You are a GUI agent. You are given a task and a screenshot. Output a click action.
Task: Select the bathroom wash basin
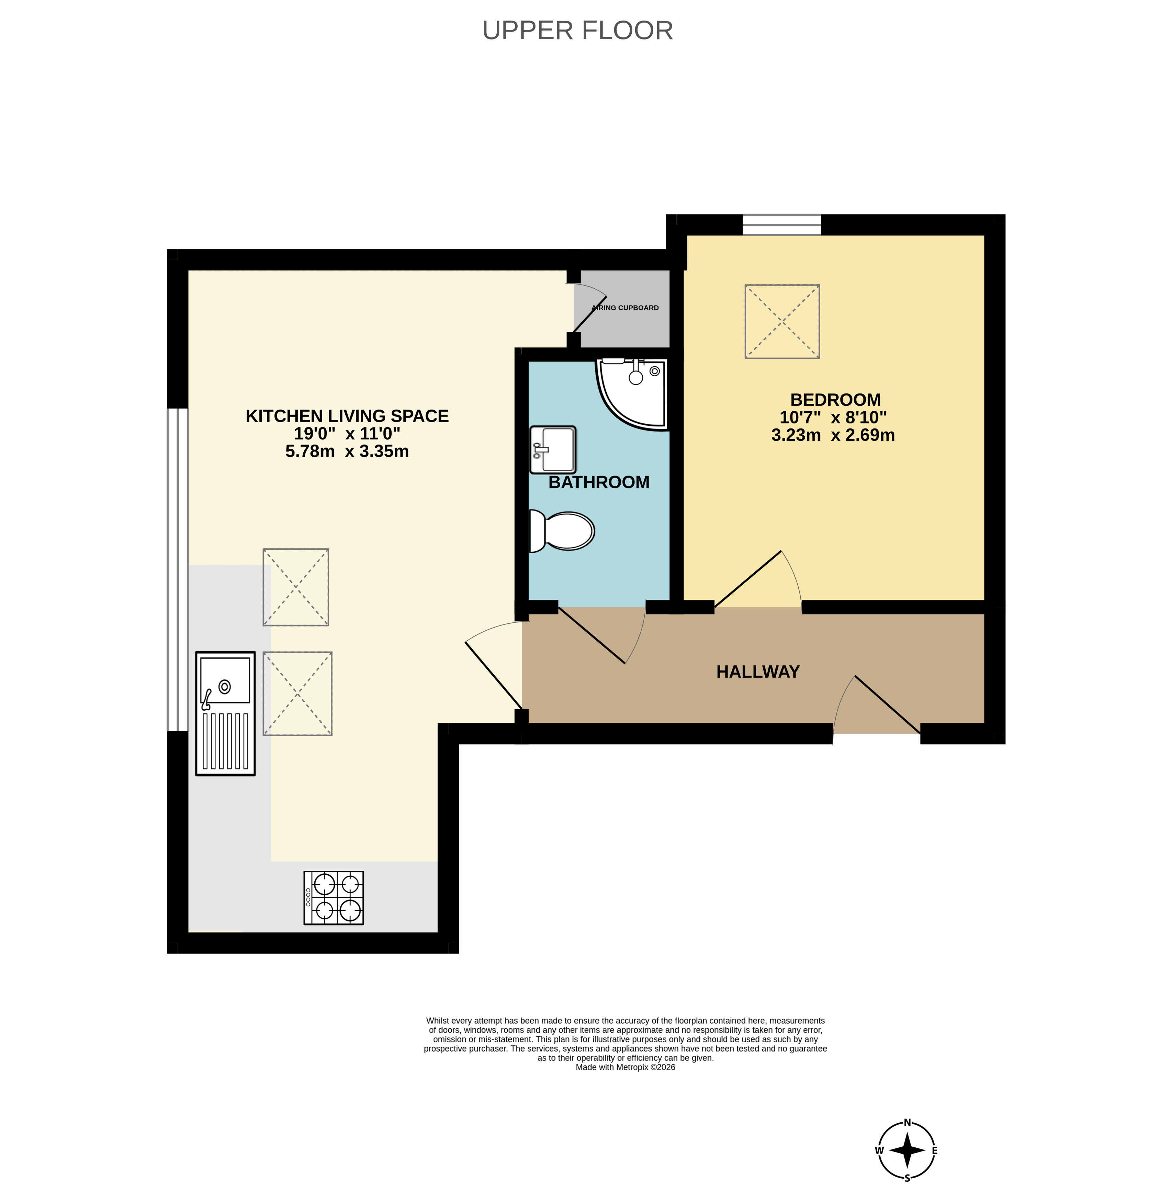pyautogui.click(x=553, y=449)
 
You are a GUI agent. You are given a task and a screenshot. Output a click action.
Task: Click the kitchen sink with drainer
pyautogui.click(x=225, y=713)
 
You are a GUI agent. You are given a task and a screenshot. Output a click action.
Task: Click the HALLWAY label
pyautogui.click(x=758, y=672)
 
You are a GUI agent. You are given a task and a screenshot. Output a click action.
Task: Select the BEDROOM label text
pyautogui.click(x=835, y=399)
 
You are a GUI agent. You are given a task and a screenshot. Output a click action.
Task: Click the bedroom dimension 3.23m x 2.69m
pyautogui.click(x=833, y=435)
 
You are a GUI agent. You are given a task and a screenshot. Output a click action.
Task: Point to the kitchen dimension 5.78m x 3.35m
pyautogui.click(x=347, y=451)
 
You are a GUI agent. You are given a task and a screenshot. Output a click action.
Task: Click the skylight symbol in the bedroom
pyautogui.click(x=782, y=321)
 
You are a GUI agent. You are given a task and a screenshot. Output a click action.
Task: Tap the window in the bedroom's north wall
pyautogui.click(x=782, y=225)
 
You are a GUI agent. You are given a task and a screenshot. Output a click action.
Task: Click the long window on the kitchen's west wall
pyautogui.click(x=178, y=569)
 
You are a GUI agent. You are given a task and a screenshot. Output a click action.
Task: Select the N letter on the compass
pyautogui.click(x=907, y=1122)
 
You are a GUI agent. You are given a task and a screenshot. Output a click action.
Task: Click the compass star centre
pyautogui.click(x=907, y=1150)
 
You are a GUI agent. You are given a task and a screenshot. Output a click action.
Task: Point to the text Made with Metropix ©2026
pyautogui.click(x=626, y=1067)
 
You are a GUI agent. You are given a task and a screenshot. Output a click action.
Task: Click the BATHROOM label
pyautogui.click(x=599, y=482)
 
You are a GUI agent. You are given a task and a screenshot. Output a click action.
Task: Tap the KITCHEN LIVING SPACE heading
pyautogui.click(x=347, y=416)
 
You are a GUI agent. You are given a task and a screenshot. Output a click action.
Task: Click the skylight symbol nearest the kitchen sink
pyautogui.click(x=297, y=694)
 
